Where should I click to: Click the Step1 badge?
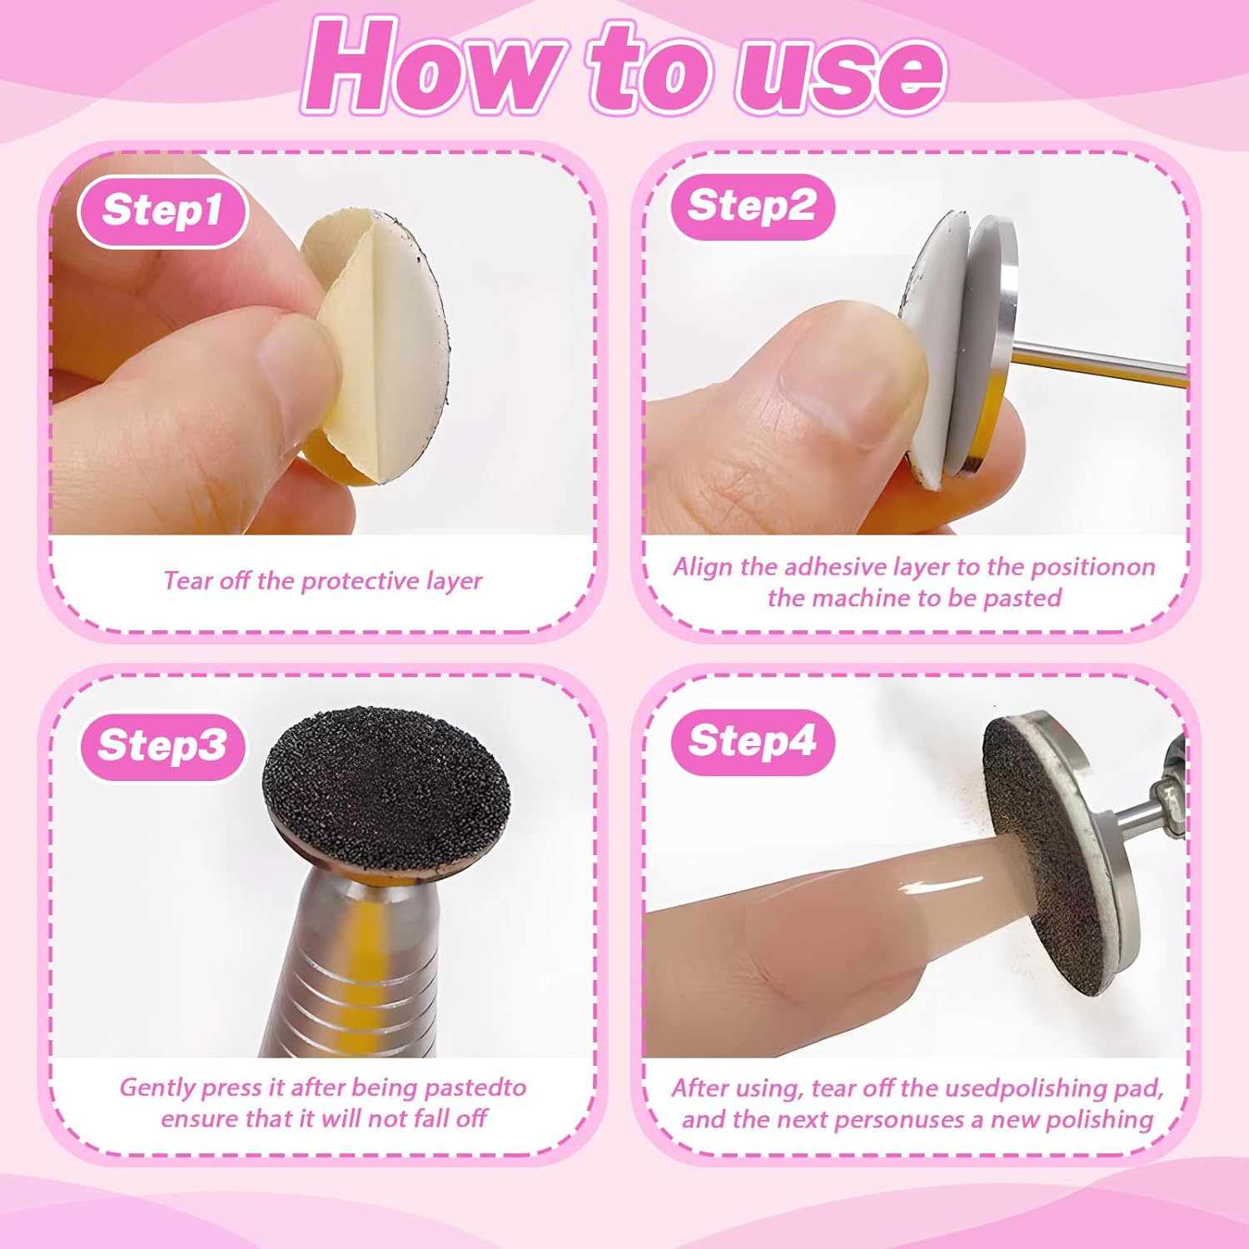coord(162,211)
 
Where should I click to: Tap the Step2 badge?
coord(751,206)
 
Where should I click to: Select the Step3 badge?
coord(162,745)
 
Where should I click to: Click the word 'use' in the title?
coord(841,71)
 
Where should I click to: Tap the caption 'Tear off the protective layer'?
coord(322,580)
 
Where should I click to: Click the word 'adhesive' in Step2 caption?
coord(836,567)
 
